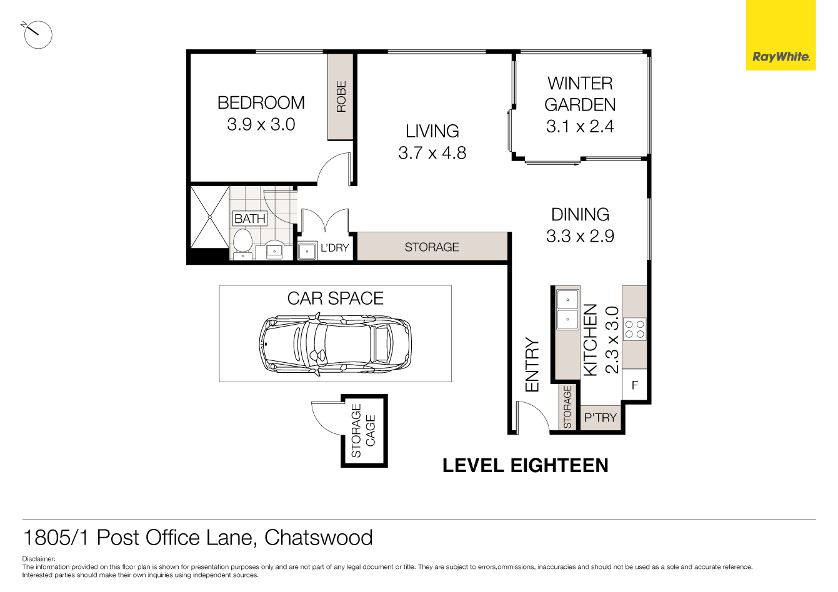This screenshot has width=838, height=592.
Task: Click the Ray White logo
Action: (781, 57)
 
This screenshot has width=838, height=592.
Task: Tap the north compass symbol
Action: (37, 34)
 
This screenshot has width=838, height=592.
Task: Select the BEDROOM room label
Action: (261, 103)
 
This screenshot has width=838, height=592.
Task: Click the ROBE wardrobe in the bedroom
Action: (341, 97)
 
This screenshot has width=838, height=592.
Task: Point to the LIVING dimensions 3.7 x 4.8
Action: (432, 153)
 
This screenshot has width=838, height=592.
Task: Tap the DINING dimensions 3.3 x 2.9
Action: (580, 236)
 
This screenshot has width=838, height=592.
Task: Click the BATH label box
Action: (250, 219)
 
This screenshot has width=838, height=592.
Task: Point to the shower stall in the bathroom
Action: (209, 216)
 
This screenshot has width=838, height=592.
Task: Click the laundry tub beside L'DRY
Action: (307, 251)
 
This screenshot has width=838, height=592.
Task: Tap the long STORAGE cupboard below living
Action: (432, 247)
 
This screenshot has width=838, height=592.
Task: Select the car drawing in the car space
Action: (336, 345)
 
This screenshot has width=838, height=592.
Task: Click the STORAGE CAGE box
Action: (364, 431)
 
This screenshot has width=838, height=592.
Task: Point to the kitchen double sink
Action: (567, 310)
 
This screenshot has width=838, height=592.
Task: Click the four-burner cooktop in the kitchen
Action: (635, 329)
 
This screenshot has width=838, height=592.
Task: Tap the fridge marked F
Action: (634, 385)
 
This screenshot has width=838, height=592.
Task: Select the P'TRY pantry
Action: (601, 418)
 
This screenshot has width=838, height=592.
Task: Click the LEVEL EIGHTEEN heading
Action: (525, 465)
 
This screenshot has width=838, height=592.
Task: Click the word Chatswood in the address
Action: (319, 538)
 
